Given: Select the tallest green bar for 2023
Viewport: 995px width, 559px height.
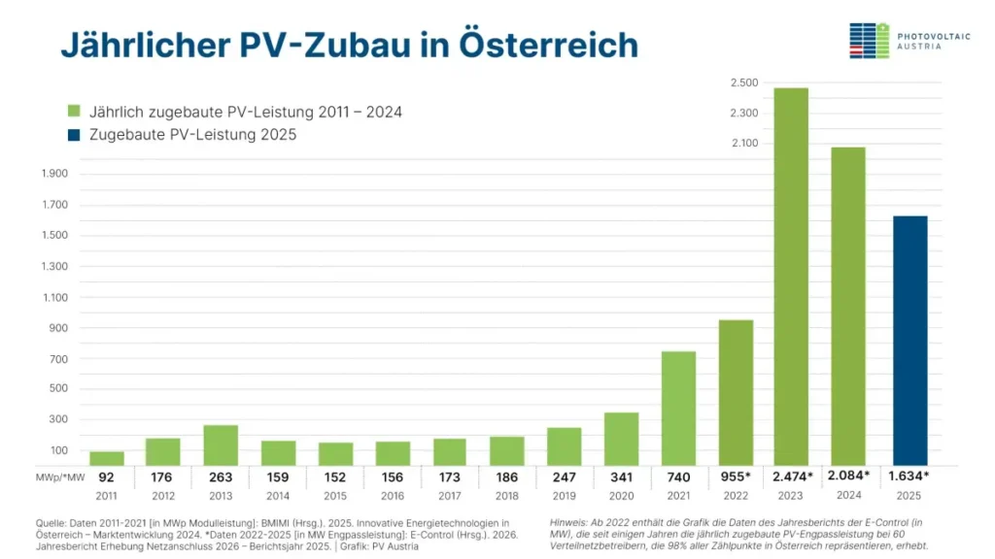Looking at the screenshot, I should (x=791, y=277).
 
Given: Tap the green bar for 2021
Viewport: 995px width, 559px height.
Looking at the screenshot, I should (x=678, y=408).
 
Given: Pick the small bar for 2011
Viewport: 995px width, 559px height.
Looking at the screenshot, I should (x=107, y=458).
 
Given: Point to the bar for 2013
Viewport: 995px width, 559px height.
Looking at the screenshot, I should (x=221, y=444).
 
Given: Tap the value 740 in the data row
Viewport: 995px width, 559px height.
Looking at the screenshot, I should (x=678, y=477).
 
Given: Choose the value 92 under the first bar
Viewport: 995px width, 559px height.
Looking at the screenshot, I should (x=107, y=477).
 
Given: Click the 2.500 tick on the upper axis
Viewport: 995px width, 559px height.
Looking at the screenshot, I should (x=744, y=82).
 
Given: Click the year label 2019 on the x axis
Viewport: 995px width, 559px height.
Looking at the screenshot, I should (x=564, y=496).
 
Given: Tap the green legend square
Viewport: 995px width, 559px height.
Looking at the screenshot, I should (x=74, y=112).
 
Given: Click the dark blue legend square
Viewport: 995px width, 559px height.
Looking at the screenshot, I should (x=74, y=135).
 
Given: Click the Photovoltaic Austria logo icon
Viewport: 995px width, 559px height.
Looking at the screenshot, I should (x=869, y=40).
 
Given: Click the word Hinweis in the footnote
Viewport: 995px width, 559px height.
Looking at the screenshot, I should (x=566, y=522).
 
